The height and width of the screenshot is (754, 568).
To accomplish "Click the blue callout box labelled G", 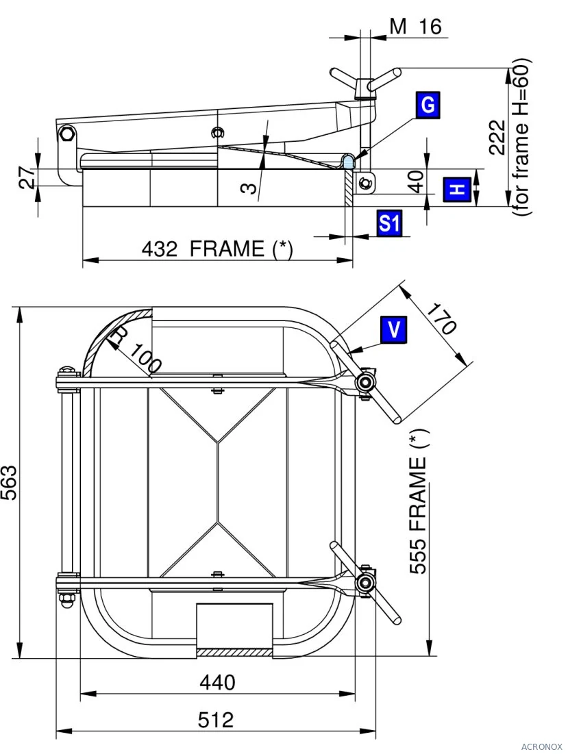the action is (x=428, y=104).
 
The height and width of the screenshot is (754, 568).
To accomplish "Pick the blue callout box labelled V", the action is (x=393, y=329).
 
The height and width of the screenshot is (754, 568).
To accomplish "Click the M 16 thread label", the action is (x=415, y=26).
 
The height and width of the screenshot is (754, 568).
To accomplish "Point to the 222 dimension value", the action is (x=497, y=138).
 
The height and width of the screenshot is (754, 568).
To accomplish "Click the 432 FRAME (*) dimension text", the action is (x=217, y=249).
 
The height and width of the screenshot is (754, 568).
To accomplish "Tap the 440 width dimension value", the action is (x=217, y=682).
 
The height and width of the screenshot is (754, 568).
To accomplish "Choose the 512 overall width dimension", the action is (x=216, y=720).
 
